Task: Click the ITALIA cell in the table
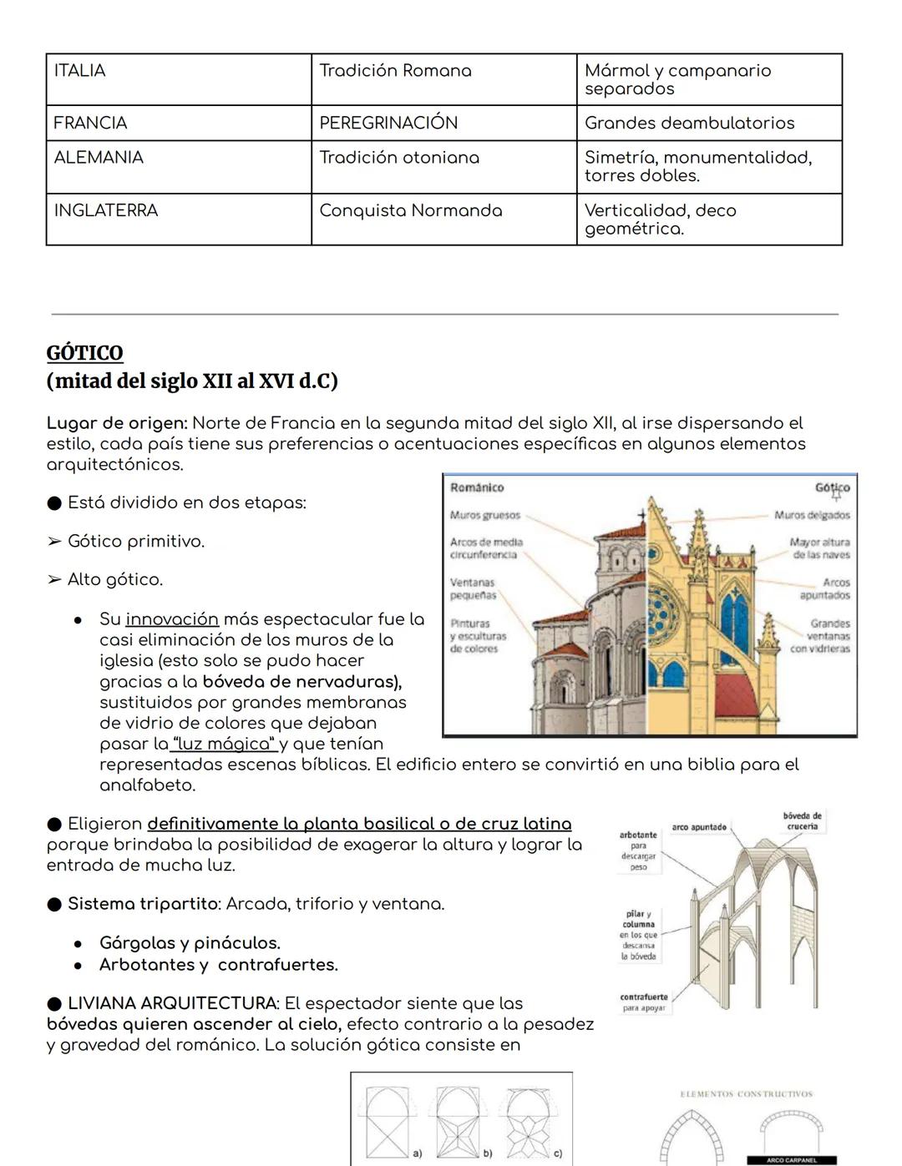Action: point(80,71)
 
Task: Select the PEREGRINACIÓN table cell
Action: point(388,123)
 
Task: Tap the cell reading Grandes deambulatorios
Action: point(689,123)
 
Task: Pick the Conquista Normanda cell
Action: point(410,210)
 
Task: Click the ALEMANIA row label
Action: point(99,157)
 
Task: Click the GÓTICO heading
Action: point(85,353)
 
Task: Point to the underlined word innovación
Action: point(172,619)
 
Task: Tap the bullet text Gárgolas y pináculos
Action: point(190,943)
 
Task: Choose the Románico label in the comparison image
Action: point(477,487)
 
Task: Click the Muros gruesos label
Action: point(484,515)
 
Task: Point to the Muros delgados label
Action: point(812,515)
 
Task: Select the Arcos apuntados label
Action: point(824,588)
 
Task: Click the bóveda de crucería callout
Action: point(802,820)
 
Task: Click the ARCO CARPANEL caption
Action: point(792,1160)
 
